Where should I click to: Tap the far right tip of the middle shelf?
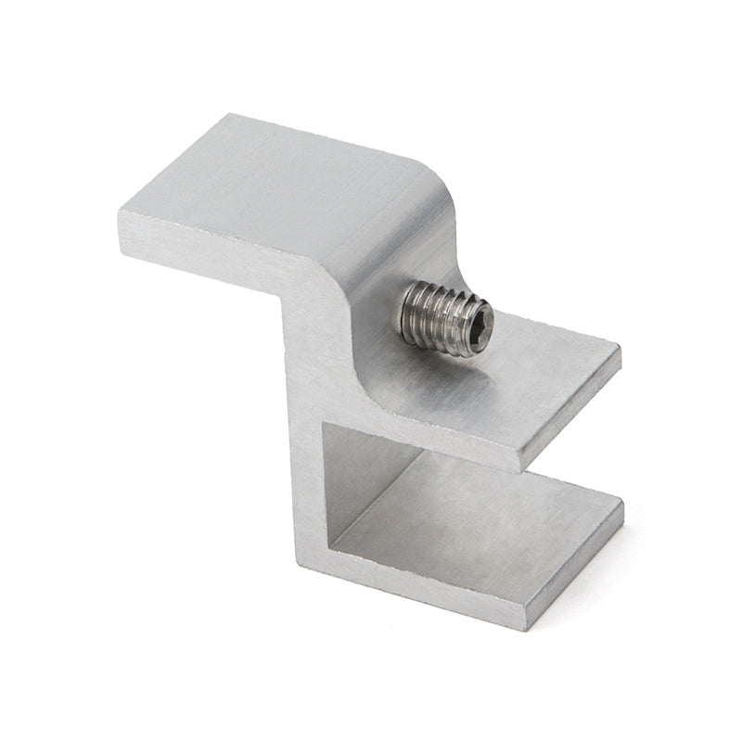coord(620,351)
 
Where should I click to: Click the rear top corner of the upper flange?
coord(228,116)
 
